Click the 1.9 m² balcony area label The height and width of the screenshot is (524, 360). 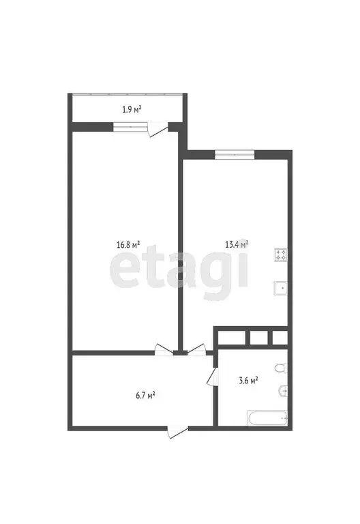tap(132, 108)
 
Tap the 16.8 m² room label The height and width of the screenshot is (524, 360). tap(128, 244)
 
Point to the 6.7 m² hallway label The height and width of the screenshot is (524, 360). tap(145, 394)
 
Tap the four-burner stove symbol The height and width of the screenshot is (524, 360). tap(281, 255)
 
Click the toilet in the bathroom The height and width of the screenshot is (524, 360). tap(280, 369)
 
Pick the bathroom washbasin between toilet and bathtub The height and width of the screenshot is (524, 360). tap(284, 391)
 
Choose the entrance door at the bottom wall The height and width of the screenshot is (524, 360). tap(177, 431)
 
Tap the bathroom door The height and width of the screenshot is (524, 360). tap(213, 375)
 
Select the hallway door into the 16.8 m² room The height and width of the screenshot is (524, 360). tap(164, 349)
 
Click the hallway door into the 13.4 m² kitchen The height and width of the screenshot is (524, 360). tap(195, 349)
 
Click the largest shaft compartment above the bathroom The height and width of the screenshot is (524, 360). tap(230, 336)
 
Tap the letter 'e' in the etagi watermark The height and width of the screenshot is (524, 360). tap(127, 271)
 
